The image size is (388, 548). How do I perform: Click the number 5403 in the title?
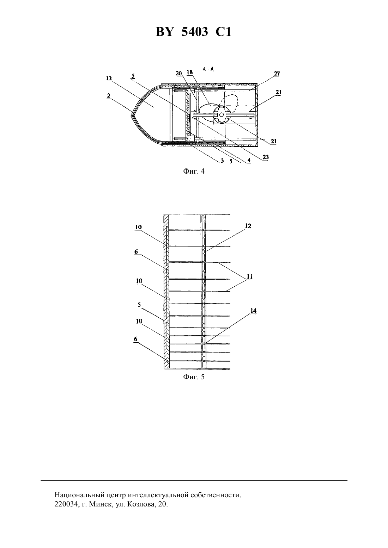pos(195,32)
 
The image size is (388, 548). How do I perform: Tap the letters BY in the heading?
pos(165,32)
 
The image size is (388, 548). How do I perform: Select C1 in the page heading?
pos(223,32)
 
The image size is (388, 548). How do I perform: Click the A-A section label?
pos(208,69)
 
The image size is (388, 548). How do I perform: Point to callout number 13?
pos(109,78)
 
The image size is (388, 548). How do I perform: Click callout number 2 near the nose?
pos(108,96)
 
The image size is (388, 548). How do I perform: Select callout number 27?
pos(277,74)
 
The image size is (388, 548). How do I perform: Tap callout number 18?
pos(190,72)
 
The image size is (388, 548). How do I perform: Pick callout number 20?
pos(179,73)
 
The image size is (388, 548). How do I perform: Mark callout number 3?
pos(222,161)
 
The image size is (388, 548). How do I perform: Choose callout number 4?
pos(249,160)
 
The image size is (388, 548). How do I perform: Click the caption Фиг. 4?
pos(194,171)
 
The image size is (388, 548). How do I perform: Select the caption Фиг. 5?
pos(194,377)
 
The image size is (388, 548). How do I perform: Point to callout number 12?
pos(248,226)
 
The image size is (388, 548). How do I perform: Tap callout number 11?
pos(250,277)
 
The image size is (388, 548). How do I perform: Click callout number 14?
pos(253,311)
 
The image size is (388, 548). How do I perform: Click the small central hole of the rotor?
pos(222,114)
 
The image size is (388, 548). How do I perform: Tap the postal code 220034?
pos(66,504)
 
